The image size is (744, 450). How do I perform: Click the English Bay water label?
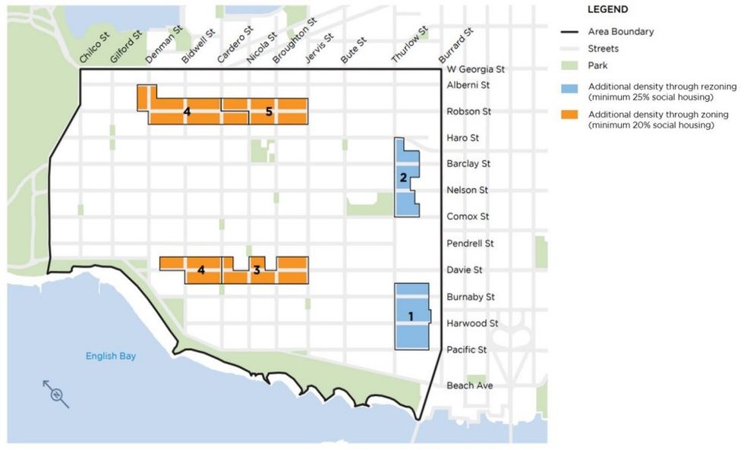pos(111,356)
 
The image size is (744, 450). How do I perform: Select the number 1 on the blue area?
pos(411,316)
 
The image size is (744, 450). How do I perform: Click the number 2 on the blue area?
pos(403,178)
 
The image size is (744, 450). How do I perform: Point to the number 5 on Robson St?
pos(270,112)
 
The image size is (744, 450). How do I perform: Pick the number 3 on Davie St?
pos(257,269)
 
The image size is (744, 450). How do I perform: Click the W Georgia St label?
pos(475,69)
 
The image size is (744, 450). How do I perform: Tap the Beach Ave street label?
pos(469,385)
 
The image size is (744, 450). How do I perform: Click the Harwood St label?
pos(472,323)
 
